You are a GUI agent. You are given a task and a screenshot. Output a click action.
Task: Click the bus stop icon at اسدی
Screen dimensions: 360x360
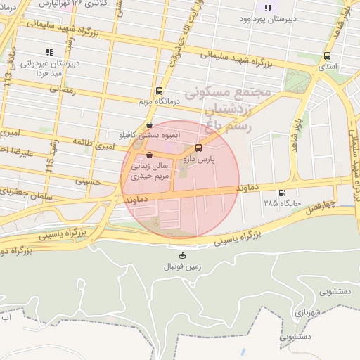click(327, 56)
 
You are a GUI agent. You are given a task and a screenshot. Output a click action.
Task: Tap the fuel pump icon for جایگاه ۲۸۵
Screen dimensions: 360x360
click(283, 193)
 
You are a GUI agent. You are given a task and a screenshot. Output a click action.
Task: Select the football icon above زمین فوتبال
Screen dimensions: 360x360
click(183, 255)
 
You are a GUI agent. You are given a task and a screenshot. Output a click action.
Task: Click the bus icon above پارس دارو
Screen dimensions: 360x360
click(198, 148)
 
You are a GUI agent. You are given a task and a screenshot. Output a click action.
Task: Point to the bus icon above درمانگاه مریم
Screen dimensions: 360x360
click(160, 91)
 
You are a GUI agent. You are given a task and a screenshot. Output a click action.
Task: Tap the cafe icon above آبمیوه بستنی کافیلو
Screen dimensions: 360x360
click(148, 124)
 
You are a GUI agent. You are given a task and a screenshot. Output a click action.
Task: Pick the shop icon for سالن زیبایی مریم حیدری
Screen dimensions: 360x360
click(148, 155)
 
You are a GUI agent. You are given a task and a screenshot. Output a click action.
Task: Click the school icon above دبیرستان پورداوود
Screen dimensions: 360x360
click(267, 8)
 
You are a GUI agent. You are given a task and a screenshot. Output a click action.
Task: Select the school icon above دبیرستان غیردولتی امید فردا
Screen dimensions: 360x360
click(49, 51)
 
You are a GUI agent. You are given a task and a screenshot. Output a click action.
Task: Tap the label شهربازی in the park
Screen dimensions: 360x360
click(307, 309)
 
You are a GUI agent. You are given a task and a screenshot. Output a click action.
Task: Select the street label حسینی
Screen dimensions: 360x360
click(89, 181)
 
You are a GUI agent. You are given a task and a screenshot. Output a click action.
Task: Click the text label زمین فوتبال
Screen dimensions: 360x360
click(183, 266)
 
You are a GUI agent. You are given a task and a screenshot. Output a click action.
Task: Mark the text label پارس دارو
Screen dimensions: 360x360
click(198, 160)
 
